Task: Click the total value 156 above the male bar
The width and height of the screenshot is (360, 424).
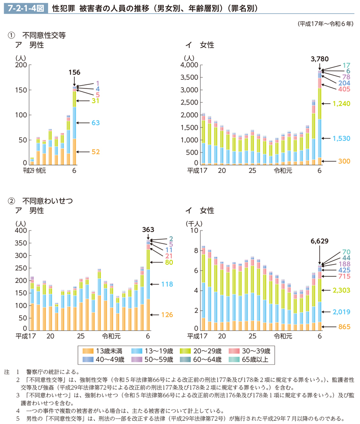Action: coord(75,72)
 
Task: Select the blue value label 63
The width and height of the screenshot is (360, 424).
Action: coord(95,123)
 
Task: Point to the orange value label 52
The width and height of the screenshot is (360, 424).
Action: coord(95,152)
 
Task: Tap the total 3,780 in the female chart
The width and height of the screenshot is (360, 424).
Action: coord(320,59)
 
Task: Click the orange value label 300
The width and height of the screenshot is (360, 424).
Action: coord(344,161)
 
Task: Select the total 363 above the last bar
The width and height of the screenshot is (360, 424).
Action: coord(148,230)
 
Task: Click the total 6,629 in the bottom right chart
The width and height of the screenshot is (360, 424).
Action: coord(320,241)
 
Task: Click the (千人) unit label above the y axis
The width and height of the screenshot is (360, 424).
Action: coord(192,224)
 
